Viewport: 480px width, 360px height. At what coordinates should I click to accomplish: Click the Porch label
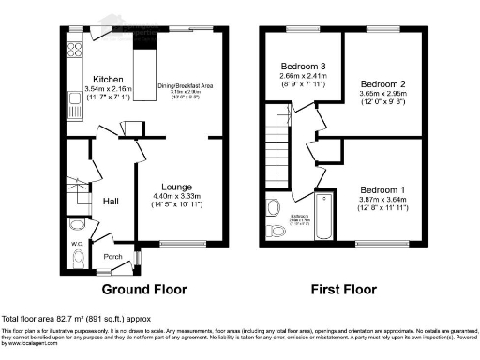112,257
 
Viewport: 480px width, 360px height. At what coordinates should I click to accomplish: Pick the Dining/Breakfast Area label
186,85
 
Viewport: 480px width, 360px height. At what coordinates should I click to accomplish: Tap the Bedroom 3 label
301,66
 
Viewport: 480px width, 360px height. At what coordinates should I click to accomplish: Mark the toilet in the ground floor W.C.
78,257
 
